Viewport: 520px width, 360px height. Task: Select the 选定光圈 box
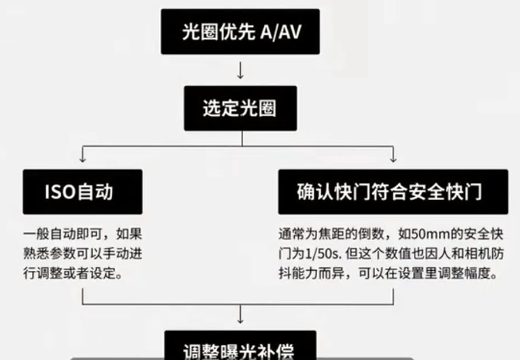(x=240, y=108)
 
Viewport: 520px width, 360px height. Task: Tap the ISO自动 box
(x=82, y=192)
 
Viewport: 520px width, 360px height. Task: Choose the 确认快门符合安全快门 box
(x=393, y=192)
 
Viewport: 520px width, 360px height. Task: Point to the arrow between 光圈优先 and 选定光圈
(x=240, y=69)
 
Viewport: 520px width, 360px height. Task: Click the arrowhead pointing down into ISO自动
(x=82, y=159)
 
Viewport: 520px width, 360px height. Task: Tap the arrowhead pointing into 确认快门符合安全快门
(x=393, y=159)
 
